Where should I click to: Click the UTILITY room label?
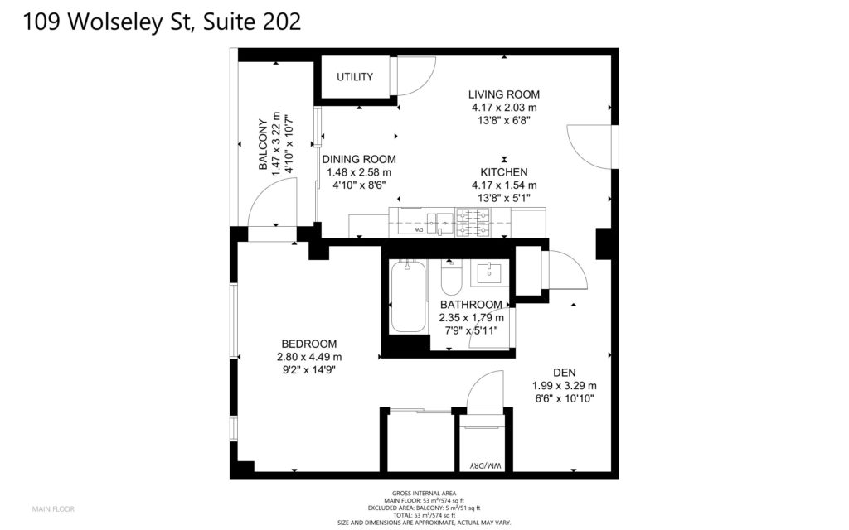coord(355,77)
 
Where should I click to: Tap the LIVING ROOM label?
coord(503,94)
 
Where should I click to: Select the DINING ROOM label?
coord(359,160)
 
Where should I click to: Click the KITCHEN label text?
coord(503,172)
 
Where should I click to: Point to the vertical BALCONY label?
coord(263,144)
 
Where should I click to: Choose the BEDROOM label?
coord(308,344)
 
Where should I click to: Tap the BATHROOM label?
coord(471,305)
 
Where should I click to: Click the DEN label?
coord(564,373)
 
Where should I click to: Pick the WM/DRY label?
coord(486,465)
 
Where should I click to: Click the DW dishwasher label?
coord(419,230)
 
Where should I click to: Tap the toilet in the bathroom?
coord(450,277)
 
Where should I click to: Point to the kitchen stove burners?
coord(473,222)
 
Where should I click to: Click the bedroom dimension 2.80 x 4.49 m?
coord(308,357)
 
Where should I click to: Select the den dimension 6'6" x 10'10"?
coord(564,399)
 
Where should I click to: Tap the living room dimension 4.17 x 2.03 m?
coord(503,108)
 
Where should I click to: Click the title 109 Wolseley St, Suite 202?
coord(162,22)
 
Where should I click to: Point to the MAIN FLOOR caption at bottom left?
coord(53,509)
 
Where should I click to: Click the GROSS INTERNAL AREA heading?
coord(424,494)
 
